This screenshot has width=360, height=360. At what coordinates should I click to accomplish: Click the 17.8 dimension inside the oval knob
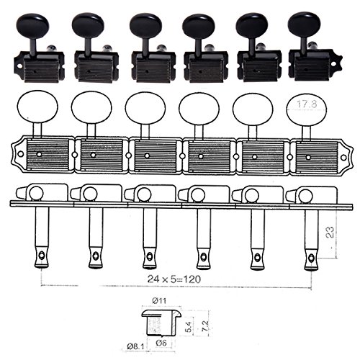click(307, 104)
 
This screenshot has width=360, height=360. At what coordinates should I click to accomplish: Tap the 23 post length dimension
click(330, 232)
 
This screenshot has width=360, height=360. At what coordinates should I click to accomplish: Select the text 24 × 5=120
click(174, 279)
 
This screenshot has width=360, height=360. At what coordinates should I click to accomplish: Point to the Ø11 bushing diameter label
click(159, 301)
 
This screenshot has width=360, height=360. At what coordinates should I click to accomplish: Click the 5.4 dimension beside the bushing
click(189, 326)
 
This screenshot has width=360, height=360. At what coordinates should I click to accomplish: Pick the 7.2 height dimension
click(205, 325)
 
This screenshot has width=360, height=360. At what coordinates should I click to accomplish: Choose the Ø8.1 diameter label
click(135, 346)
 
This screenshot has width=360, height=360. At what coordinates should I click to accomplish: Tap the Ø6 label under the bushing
click(161, 343)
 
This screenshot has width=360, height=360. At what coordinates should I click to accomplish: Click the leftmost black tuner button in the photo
click(33, 24)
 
